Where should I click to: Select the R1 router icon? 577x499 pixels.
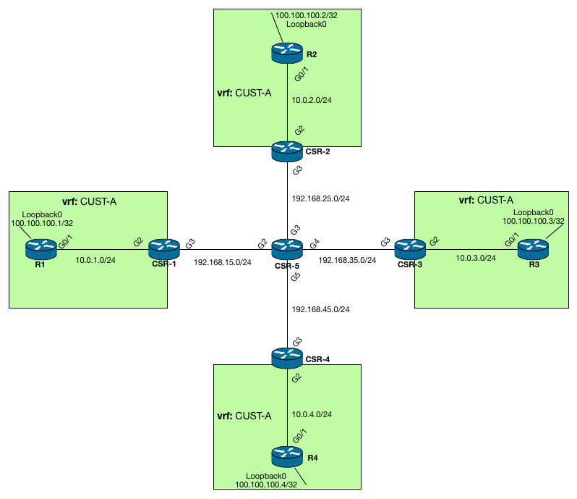click(x=41, y=248)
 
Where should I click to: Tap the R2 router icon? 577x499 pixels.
click(x=288, y=51)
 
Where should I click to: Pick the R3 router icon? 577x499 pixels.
click(x=534, y=248)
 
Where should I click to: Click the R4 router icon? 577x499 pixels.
click(x=288, y=456)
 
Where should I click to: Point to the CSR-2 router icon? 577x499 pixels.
click(x=288, y=151)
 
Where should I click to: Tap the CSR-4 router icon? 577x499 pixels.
click(x=288, y=356)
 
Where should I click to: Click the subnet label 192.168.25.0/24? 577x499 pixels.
click(x=320, y=197)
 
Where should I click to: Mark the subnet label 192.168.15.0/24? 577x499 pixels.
click(x=223, y=262)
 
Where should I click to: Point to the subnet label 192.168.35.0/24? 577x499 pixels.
click(x=347, y=260)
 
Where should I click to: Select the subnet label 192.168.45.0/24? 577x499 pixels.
click(x=320, y=309)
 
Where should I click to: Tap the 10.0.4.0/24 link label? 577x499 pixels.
click(x=312, y=415)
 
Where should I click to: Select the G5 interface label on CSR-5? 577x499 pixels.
click(x=295, y=277)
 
